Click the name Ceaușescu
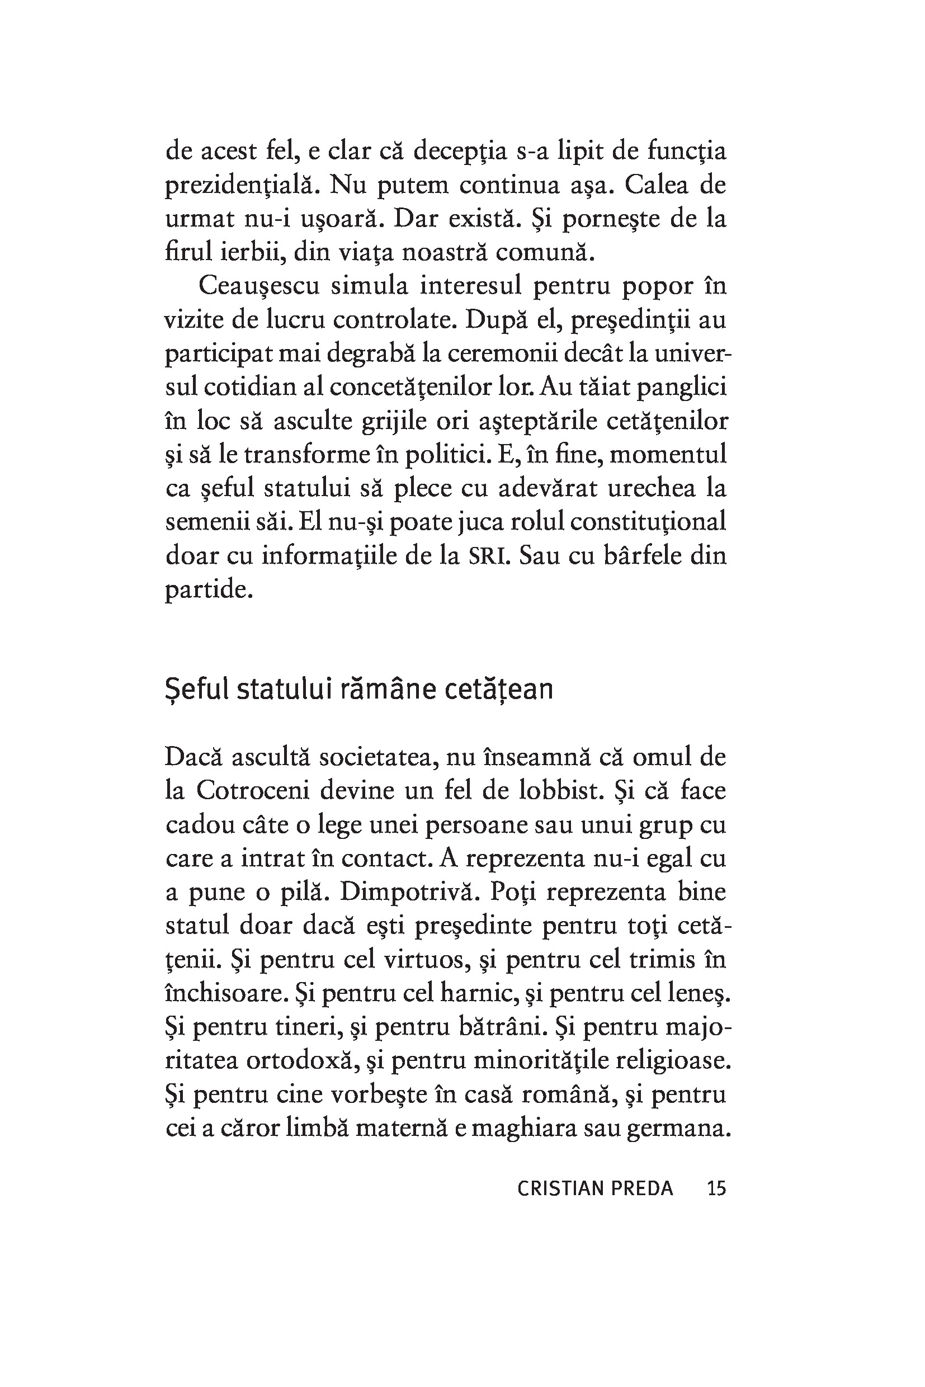point(258,287)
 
